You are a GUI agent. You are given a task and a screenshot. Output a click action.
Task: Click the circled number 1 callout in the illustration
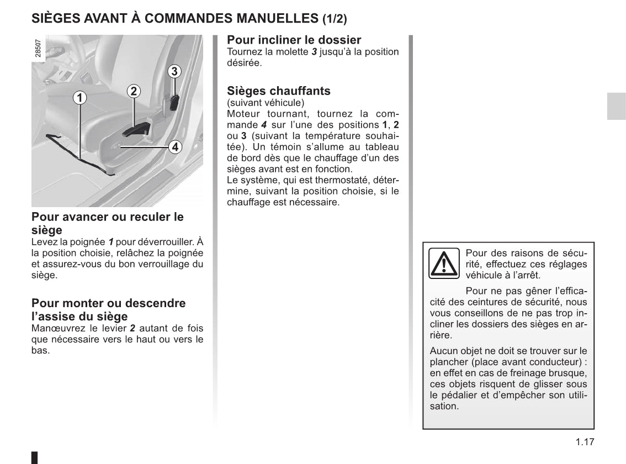(80, 98)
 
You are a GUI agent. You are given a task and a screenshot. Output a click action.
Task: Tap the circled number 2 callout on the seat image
(134, 91)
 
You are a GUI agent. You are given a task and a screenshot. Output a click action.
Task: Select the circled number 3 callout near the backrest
(174, 71)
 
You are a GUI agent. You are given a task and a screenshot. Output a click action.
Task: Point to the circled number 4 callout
(174, 147)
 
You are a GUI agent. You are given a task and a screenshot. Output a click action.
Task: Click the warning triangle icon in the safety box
(444, 263)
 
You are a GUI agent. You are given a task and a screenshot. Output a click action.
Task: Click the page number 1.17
(583, 441)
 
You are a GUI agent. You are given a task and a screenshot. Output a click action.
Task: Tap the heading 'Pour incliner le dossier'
(294, 40)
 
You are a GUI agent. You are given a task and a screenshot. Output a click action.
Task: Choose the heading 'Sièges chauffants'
(279, 91)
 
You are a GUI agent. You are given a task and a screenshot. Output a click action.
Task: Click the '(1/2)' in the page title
(335, 19)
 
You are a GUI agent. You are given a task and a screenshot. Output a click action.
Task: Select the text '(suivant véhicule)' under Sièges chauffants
(265, 103)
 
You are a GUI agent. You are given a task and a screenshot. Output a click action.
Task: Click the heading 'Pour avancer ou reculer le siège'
(108, 223)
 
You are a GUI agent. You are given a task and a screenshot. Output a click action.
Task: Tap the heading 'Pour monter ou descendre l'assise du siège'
(109, 309)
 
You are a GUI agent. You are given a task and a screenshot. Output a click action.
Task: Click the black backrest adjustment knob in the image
(174, 102)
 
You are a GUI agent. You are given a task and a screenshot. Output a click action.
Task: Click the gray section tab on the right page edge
(616, 106)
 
